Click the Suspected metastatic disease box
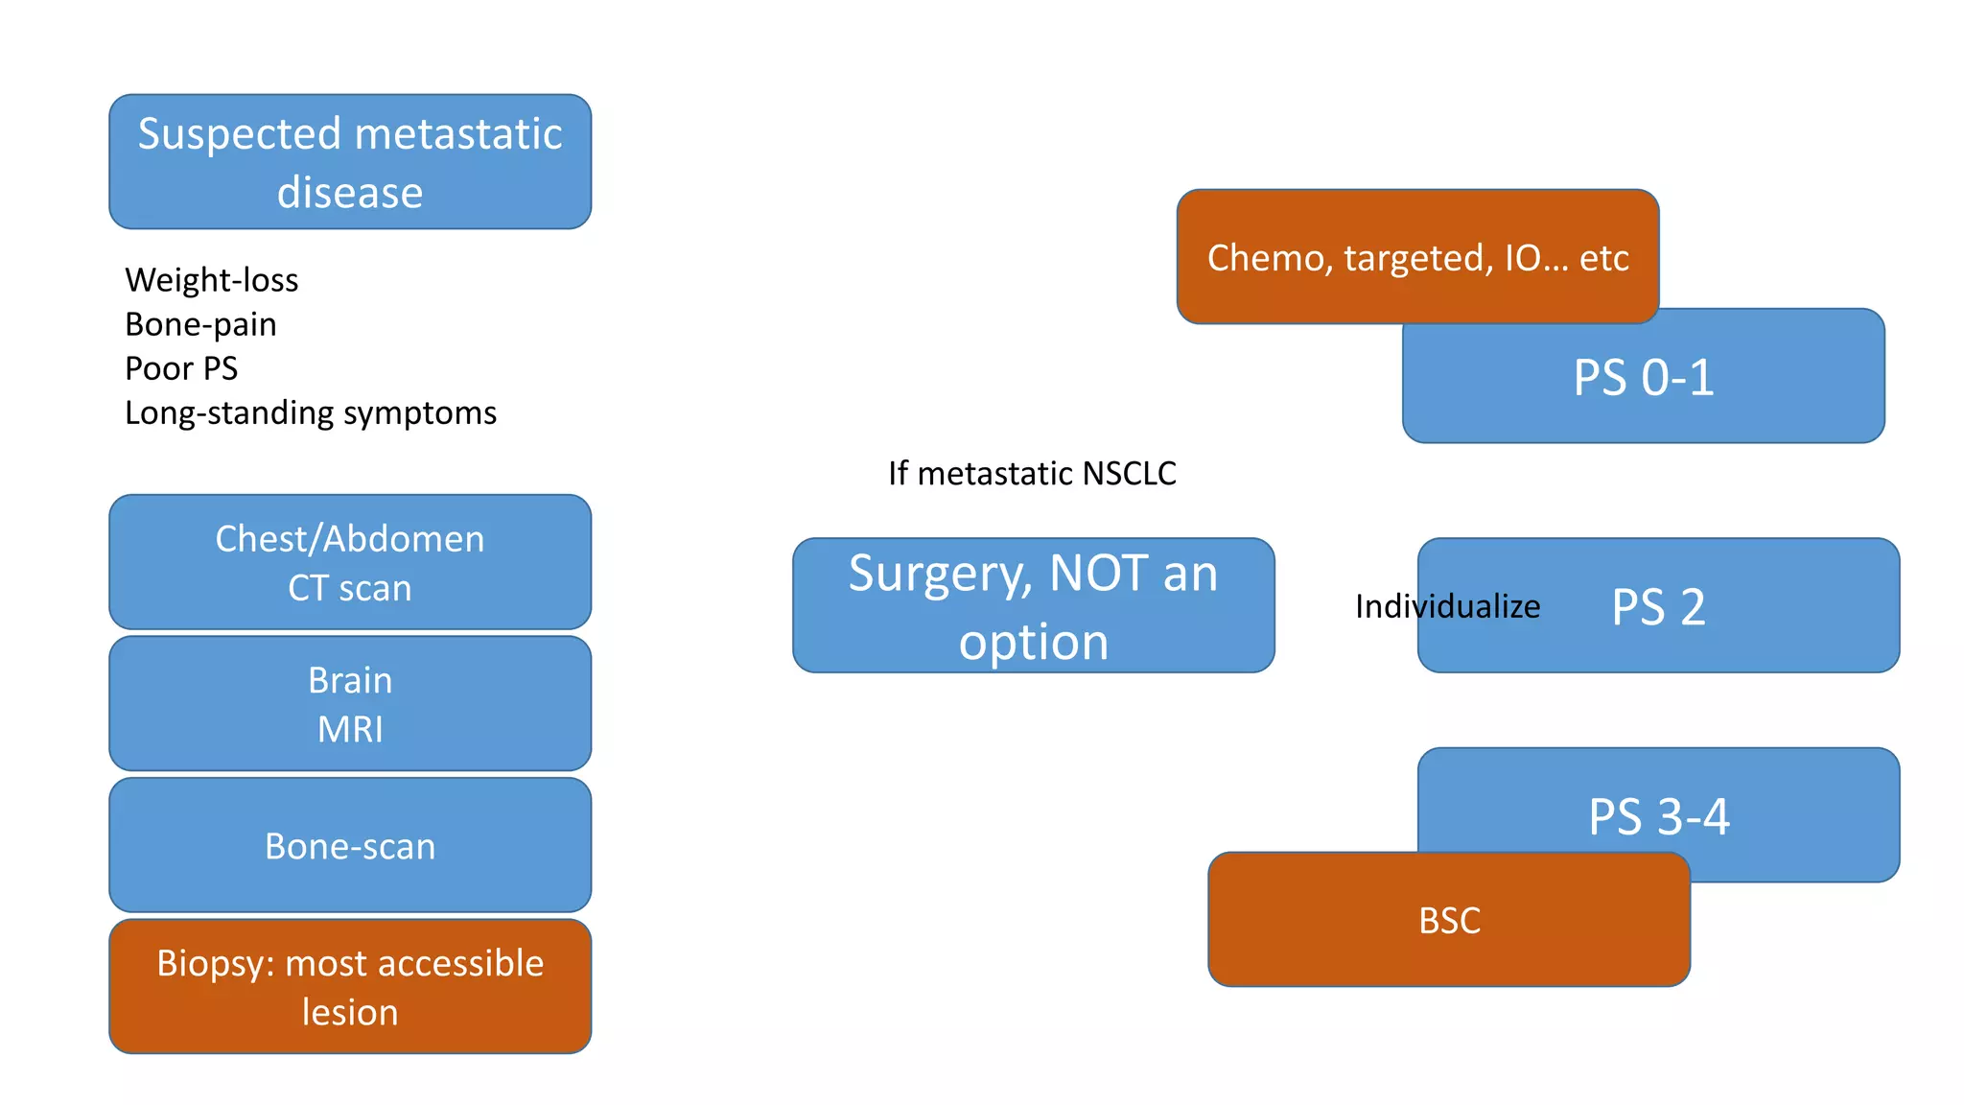pos(350,161)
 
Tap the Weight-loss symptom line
pos(212,280)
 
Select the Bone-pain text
pos(200,324)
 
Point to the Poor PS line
pos(181,368)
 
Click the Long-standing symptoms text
pos(311,412)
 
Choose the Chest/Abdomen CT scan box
pos(350,562)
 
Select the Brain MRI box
pos(350,703)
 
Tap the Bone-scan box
pos(350,845)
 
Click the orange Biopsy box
pos(350,986)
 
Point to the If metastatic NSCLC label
pos(1032,473)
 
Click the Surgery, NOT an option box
pos(1033,605)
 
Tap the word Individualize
pos(1447,606)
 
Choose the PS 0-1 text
pos(1643,377)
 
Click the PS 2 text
pos(1658,606)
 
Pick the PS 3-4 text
pos(1658,816)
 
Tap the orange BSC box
pos(1449,920)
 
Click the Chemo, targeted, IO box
pos(1417,257)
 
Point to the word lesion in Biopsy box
pos(350,1012)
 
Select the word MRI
pos(350,729)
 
